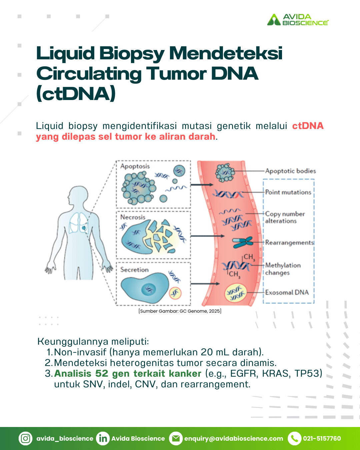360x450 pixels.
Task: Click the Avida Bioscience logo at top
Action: (298, 20)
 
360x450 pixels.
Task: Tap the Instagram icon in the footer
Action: (26, 438)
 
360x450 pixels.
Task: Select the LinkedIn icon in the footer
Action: (103, 438)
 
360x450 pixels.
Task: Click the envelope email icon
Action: (176, 438)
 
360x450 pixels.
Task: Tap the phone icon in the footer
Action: (295, 438)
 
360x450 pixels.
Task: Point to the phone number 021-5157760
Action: (322, 438)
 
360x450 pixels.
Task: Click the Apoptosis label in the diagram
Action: (135, 166)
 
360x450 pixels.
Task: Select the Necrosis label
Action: (133, 217)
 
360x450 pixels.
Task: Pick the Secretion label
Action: (134, 270)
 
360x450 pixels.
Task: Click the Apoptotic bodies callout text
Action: (290, 171)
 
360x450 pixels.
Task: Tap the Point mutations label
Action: (288, 192)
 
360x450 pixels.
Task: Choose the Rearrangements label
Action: (290, 243)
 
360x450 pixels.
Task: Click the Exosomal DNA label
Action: (287, 292)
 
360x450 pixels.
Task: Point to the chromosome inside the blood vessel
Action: (243, 242)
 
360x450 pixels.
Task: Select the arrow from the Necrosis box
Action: (207, 236)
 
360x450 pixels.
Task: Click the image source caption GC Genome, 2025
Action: (180, 311)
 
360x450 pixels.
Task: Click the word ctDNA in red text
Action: (308, 126)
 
